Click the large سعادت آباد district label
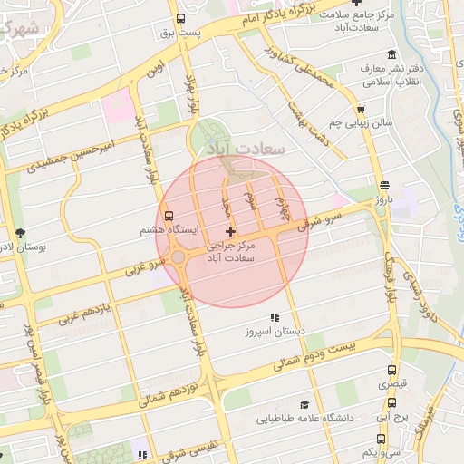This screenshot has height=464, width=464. (247, 147)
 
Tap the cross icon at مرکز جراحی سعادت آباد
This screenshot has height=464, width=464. (230, 232)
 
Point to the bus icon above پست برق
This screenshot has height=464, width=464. (179, 18)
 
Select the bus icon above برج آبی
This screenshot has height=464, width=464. (391, 403)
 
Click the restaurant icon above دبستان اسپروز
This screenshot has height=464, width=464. (275, 317)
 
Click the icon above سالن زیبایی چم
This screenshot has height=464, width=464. (362, 107)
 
